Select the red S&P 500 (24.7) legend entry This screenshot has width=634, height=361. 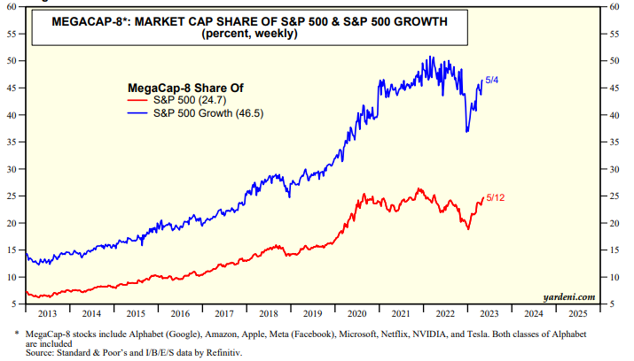pos(185,100)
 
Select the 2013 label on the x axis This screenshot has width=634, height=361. pos(50,314)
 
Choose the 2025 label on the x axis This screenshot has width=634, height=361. pos(577,314)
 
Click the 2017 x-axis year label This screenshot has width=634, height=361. pos(226,314)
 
